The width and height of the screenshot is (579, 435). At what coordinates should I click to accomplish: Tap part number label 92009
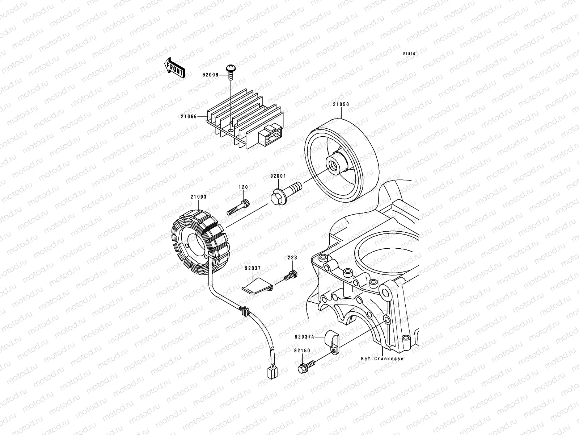tap(211, 75)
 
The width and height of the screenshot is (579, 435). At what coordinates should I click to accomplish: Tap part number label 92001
tap(278, 176)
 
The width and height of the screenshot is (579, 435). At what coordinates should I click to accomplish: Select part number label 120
tap(243, 187)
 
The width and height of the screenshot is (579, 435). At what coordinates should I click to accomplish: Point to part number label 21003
tap(198, 197)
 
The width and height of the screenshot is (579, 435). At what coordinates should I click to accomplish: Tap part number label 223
tap(292, 258)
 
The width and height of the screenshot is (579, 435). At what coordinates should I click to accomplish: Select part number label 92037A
tap(305, 336)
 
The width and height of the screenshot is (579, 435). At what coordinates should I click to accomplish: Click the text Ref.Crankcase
tap(382, 359)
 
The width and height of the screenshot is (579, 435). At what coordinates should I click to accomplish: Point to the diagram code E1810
tap(410, 54)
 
